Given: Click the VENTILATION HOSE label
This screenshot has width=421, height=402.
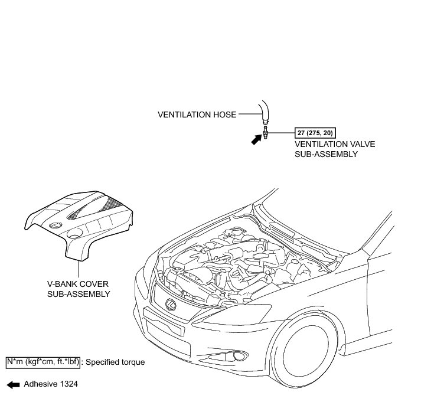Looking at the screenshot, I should (197, 115).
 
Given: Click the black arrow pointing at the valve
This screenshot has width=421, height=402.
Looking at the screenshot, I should (256, 140).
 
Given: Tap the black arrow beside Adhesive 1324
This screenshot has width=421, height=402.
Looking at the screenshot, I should (12, 384).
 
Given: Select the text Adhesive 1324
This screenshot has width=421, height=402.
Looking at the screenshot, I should (50, 384).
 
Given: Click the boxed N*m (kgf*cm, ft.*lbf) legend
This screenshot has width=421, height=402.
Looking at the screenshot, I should (42, 361).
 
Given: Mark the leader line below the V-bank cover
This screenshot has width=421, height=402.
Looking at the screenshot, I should (79, 268).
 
